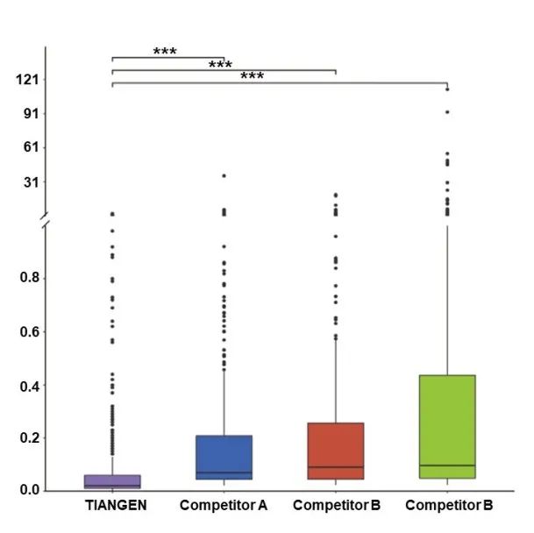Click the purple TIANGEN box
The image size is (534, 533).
(112, 481)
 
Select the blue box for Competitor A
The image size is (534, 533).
(224, 457)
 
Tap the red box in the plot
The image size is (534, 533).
(336, 451)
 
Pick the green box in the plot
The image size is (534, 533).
(447, 426)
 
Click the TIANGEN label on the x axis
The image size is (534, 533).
(116, 506)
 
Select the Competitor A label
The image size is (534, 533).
(224, 506)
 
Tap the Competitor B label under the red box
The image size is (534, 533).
(337, 506)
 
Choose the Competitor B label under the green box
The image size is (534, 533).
(449, 506)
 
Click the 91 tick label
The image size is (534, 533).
(33, 114)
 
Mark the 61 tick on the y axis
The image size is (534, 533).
(33, 147)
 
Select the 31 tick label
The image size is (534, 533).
(33, 181)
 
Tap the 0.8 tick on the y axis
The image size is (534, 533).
(31, 279)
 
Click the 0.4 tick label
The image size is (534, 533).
(31, 386)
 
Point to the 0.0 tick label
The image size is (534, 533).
(31, 490)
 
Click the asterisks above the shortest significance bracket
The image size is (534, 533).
(165, 52)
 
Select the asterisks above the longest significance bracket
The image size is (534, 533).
(252, 76)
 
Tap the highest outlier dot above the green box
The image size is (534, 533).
(447, 89)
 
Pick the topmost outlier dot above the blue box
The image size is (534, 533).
(224, 175)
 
